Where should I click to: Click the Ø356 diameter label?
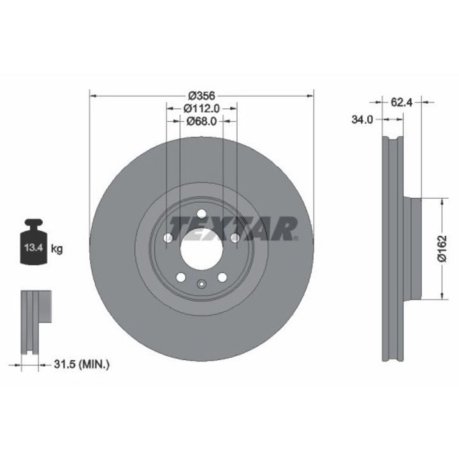(201, 96)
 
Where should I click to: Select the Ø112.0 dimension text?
(201, 108)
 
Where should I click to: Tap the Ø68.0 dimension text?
(201, 121)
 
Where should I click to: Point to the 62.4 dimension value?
(402, 103)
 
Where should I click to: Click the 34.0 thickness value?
(362, 119)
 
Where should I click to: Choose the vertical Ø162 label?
(442, 248)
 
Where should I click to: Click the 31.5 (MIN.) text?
(82, 365)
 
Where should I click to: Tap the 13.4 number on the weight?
(34, 247)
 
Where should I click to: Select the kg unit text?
(57, 249)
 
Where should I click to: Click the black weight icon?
(34, 242)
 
